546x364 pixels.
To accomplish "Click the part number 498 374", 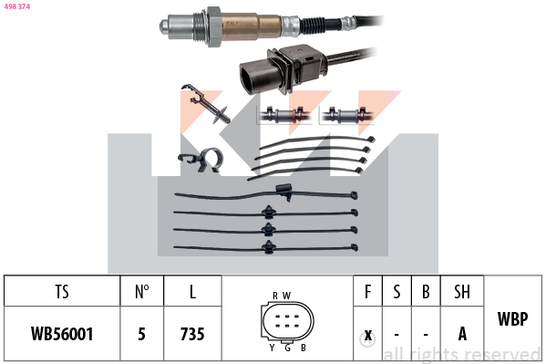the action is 17,6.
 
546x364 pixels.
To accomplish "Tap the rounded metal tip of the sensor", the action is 165,26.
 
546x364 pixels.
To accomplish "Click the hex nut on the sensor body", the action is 214,26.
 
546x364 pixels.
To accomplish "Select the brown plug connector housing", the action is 283,68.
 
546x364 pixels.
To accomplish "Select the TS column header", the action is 62,292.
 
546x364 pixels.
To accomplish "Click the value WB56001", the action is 62,334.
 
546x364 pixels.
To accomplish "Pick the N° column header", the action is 141,292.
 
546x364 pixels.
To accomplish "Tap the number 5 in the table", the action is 141,334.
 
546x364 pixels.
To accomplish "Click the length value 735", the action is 192,334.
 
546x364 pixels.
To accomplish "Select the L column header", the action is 192,292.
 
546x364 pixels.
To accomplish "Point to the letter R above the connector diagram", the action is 275,296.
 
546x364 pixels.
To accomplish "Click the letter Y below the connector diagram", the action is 272,348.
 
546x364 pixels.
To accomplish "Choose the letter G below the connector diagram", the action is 288,348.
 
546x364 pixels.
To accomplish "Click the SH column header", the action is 462,292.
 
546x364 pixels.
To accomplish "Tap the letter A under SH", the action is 462,334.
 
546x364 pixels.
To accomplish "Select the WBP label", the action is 512,318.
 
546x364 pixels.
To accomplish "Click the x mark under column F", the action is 367,336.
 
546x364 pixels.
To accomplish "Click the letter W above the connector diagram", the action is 286,296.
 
